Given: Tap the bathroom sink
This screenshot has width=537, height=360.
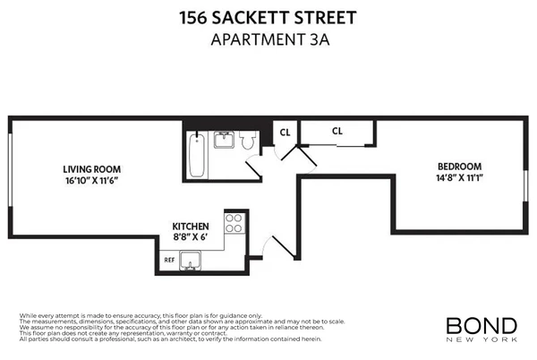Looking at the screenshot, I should tap(224, 139).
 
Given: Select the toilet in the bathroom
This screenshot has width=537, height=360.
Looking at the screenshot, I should tap(250, 141).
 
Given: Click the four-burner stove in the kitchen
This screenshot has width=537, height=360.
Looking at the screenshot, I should tap(234, 222).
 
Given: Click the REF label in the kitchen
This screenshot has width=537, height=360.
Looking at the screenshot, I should tap(168, 261).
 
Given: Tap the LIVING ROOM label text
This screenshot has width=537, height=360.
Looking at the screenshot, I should tap(91, 168).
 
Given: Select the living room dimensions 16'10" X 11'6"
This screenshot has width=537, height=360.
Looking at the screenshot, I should tap(91, 180).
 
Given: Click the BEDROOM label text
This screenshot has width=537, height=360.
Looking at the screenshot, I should tap(459, 167).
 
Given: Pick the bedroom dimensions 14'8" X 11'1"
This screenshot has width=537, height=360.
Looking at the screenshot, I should tap(459, 178).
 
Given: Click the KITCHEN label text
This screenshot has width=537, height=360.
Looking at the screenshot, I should tap(191, 227).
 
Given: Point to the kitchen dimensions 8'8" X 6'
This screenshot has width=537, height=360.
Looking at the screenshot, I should tap(191, 238).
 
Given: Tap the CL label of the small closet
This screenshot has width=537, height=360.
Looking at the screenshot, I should tap(286, 133).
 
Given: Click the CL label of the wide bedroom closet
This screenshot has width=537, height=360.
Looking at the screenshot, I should tap(337, 131).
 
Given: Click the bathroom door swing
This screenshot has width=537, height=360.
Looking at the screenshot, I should tap(254, 166).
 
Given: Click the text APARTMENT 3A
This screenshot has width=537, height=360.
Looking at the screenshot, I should tap(268, 39).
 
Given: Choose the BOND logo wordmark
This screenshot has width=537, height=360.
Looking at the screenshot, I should tap(481, 324).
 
